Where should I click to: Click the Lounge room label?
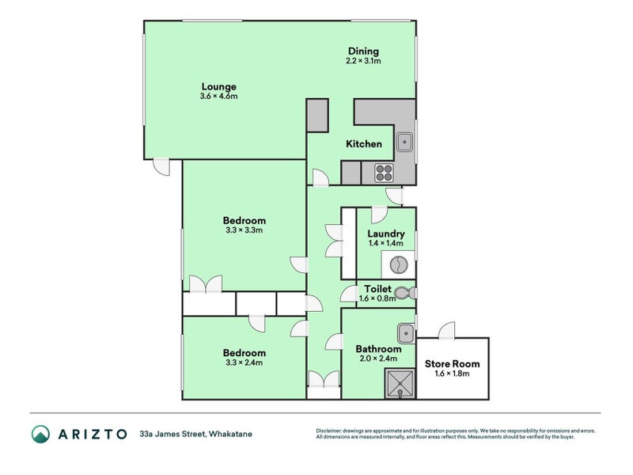pos(219,86)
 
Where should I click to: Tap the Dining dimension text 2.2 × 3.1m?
pos(363,61)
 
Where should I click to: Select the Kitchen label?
pos(364,144)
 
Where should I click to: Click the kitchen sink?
pos(404,142)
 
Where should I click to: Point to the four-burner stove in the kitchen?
pos(384,173)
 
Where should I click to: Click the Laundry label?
pos(386,234)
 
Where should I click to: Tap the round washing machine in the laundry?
pos(399,265)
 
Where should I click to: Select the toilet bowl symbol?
pos(406,292)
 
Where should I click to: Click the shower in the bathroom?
pos(400,384)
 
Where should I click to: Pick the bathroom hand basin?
pos(405,333)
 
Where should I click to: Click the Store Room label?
pos(452,363)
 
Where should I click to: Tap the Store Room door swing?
pos(446,330)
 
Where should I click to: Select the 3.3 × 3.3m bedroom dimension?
pos(244,230)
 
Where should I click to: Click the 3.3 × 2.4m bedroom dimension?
pos(244,363)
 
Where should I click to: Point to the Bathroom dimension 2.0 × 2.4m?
pos(379,359)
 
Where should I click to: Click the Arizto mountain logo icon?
pos(41,434)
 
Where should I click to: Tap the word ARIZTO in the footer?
pos(93,434)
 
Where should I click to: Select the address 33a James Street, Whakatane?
pos(195,434)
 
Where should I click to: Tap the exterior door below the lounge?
pos(161,167)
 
